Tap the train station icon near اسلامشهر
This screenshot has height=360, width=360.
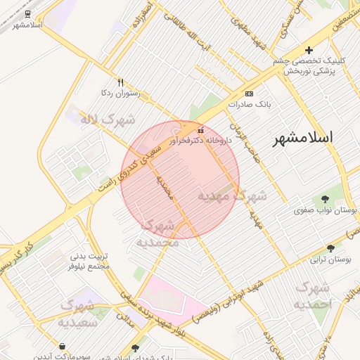click(x=27, y=13)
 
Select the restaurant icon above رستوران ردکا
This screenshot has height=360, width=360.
click(x=121, y=82)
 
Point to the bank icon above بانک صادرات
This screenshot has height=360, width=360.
click(x=249, y=94)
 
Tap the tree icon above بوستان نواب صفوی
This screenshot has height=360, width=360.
click(x=325, y=199)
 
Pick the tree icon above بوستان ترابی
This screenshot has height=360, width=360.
click(x=330, y=247)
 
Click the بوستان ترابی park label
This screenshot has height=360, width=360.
click(x=330, y=259)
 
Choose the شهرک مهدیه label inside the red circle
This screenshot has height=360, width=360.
click(x=232, y=195)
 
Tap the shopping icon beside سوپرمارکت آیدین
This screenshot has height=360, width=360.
click(x=63, y=347)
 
